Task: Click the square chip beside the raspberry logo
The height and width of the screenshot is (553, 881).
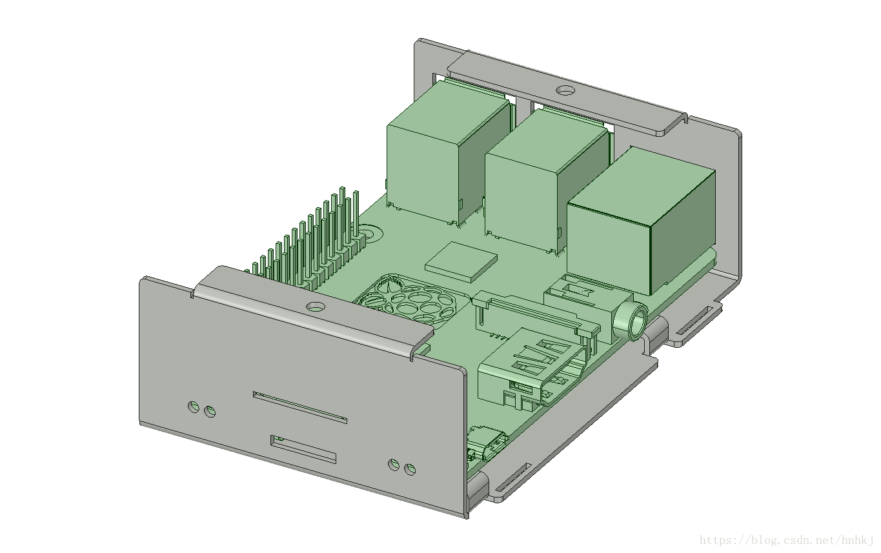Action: click(x=461, y=261)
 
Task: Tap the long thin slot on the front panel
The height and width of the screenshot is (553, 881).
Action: click(x=300, y=407)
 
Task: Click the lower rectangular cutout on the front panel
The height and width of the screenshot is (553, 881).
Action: click(x=303, y=449)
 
